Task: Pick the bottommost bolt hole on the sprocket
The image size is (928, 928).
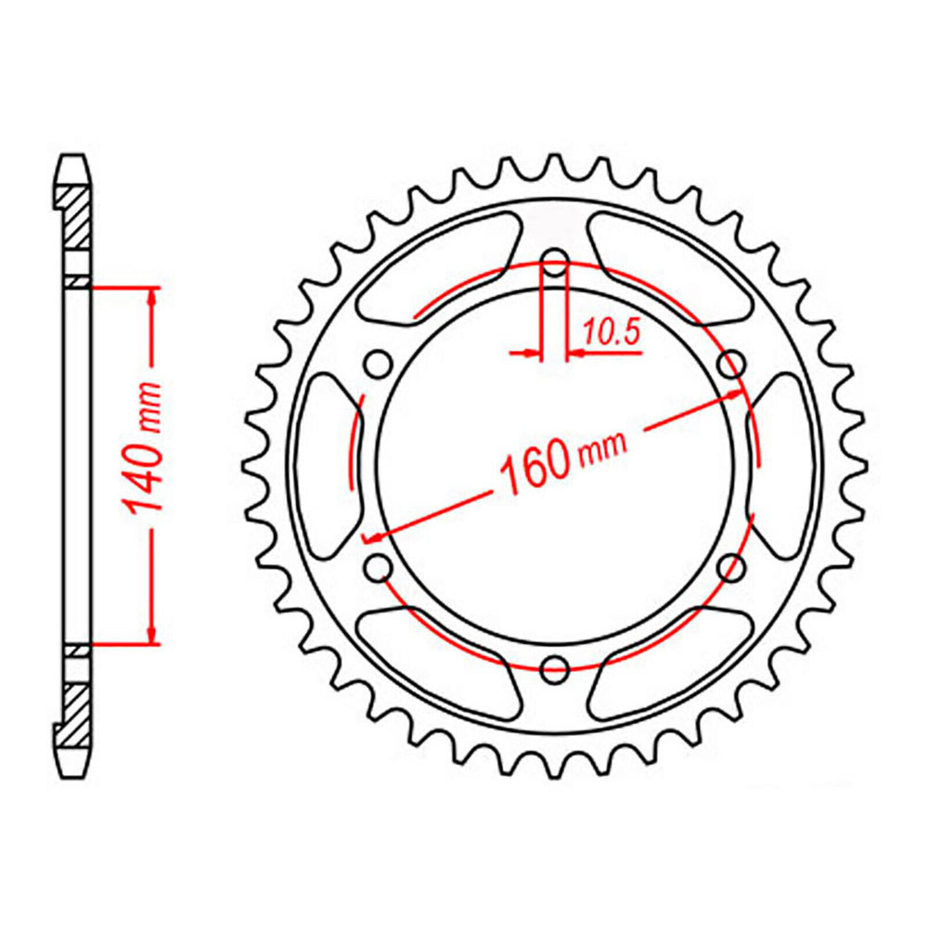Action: (554, 665)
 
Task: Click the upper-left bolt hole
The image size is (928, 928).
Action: (379, 364)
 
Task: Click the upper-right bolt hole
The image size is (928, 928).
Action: (731, 363)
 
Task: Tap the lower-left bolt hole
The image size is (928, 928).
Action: (378, 565)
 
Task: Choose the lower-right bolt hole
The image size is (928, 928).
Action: (731, 565)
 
